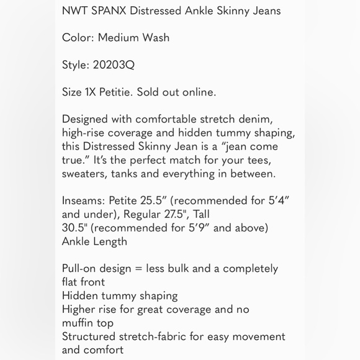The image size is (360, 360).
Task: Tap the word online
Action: (199, 92)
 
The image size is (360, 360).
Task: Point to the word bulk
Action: (187, 269)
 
